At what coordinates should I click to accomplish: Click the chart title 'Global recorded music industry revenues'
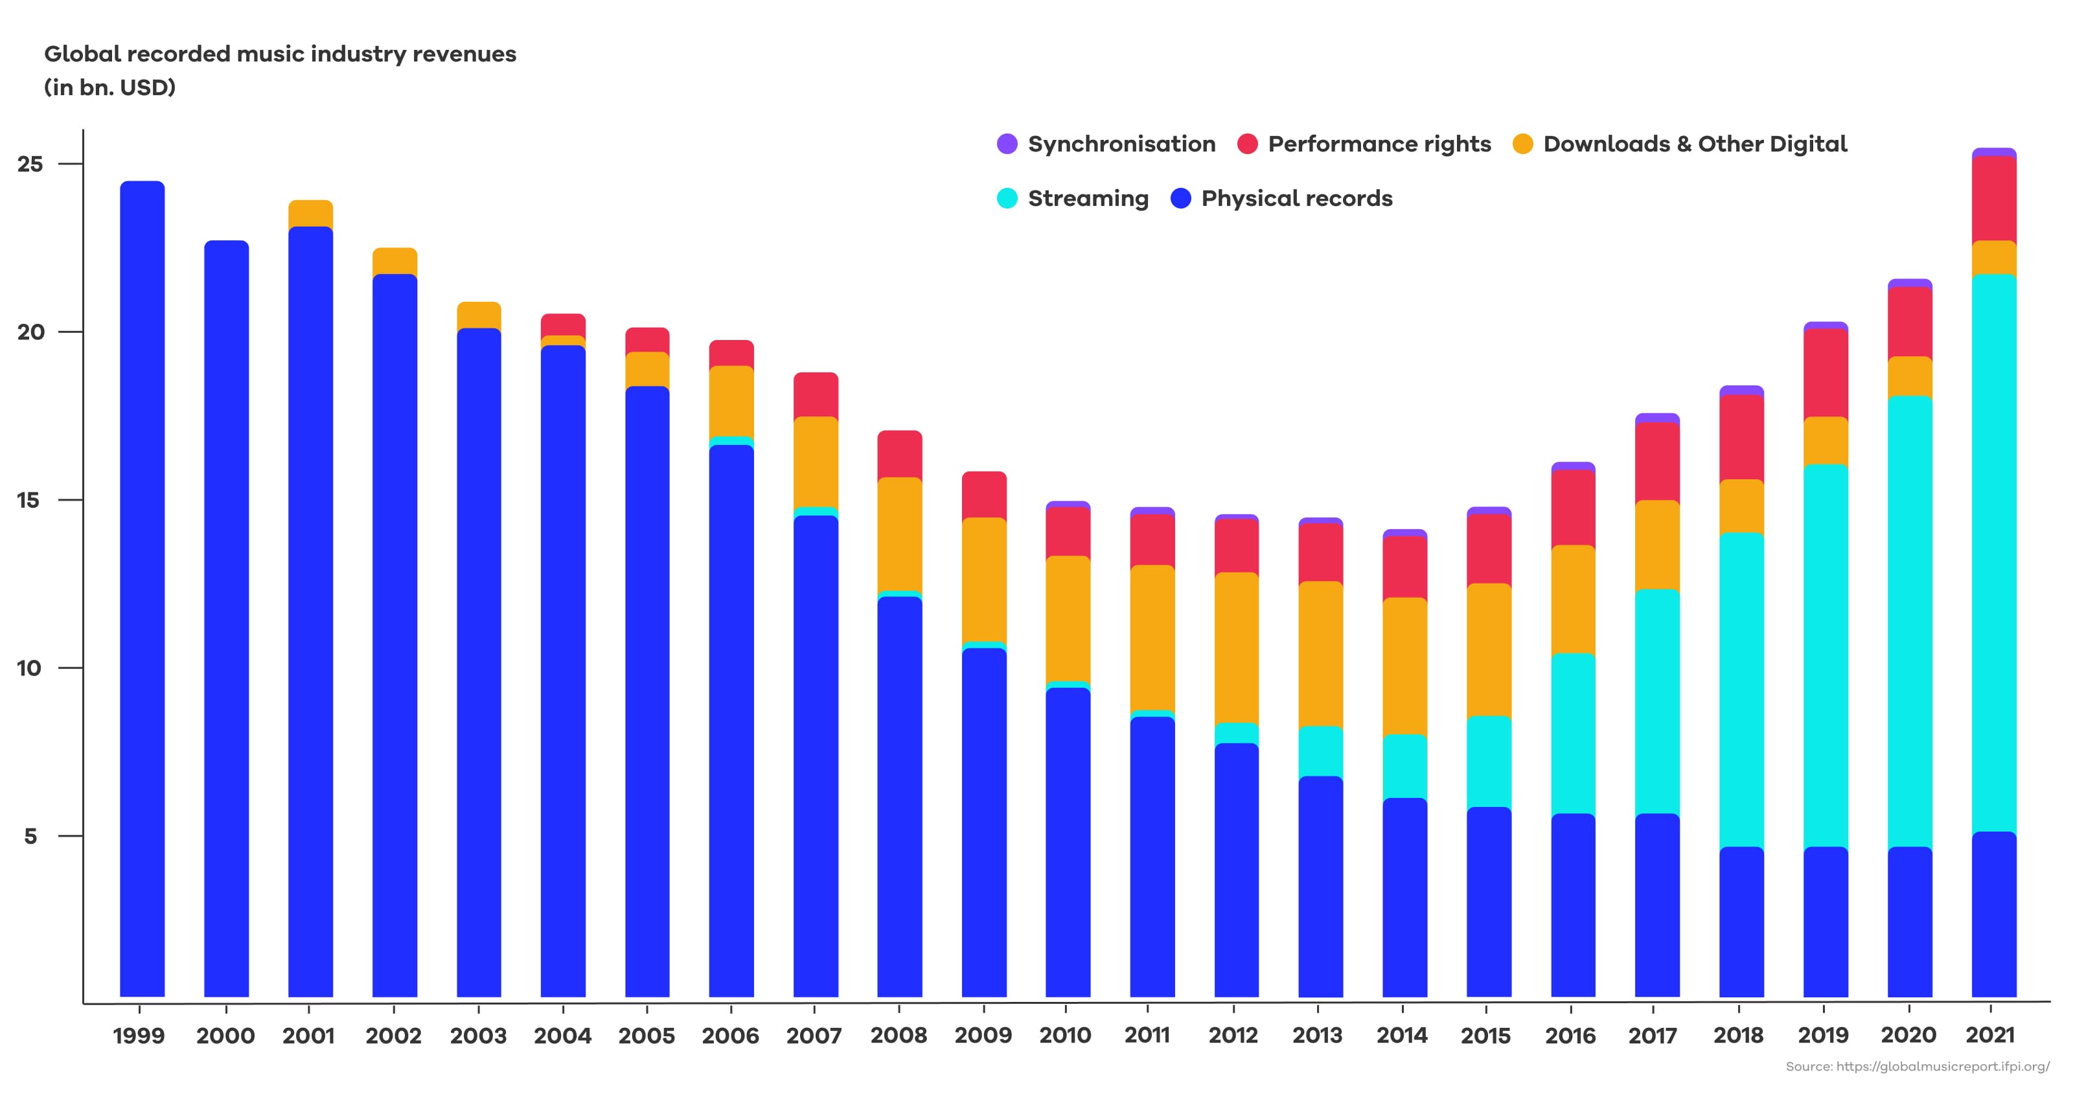pyautogui.click(x=280, y=54)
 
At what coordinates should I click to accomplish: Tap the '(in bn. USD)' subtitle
pyautogui.click(x=109, y=87)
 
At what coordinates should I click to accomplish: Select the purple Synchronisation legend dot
pyautogui.click(x=1007, y=144)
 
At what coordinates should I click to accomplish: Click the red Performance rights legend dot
pyautogui.click(x=1247, y=144)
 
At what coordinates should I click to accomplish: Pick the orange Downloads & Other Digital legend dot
pyautogui.click(x=1522, y=144)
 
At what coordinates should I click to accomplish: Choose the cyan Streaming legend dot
pyautogui.click(x=1007, y=198)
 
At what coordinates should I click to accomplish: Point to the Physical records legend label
pyautogui.click(x=1296, y=198)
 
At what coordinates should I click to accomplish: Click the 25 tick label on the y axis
pyautogui.click(x=30, y=165)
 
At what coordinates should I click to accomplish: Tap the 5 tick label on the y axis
pyautogui.click(x=30, y=836)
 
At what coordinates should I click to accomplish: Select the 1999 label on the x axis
pyautogui.click(x=139, y=1036)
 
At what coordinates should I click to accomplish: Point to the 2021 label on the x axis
pyautogui.click(x=1990, y=1036)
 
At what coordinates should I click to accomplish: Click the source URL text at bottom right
pyautogui.click(x=1918, y=1067)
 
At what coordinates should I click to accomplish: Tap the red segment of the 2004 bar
pyautogui.click(x=564, y=324)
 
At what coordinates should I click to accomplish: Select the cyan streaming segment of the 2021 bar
pyautogui.click(x=1994, y=555)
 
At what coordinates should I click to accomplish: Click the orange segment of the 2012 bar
pyautogui.click(x=1236, y=648)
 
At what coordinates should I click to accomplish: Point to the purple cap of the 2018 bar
pyautogui.click(x=1741, y=391)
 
